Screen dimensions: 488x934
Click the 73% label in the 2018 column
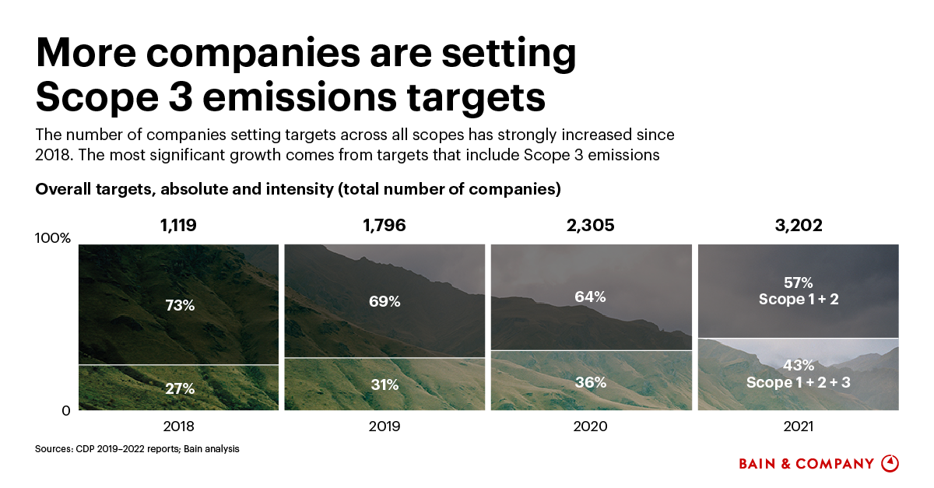tap(179, 305)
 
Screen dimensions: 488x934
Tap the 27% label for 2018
tap(179, 388)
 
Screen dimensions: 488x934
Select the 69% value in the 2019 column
tap(384, 300)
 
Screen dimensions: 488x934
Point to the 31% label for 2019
tap(384, 384)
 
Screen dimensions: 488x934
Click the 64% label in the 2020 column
tap(590, 297)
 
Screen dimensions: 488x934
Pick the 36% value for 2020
tap(590, 382)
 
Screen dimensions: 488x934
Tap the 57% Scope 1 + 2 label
tap(798, 290)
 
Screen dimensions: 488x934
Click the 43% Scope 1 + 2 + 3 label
tap(798, 374)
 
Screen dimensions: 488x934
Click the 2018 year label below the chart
tap(179, 427)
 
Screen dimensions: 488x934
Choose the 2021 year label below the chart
tap(798, 427)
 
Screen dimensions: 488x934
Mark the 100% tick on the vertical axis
tap(53, 238)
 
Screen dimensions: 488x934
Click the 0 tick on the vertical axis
tap(66, 410)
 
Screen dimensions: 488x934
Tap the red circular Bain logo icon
tap(890, 463)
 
